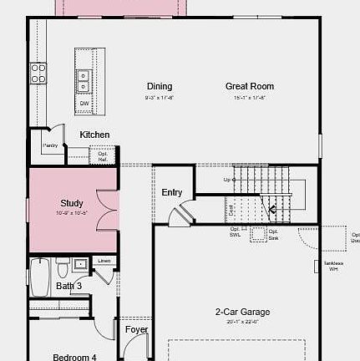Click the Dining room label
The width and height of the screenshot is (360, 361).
(160, 86)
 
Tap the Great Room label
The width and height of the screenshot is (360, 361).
(249, 86)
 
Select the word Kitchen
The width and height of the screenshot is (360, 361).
(94, 135)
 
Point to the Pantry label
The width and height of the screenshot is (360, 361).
(50, 145)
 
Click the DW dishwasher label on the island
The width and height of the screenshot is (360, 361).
(84, 104)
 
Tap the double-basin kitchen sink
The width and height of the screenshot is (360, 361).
(84, 79)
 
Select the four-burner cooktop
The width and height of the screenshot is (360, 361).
(38, 74)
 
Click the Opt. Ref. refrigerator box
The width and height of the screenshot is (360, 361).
(103, 155)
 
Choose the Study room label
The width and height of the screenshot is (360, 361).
(72, 203)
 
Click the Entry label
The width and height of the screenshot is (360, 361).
(172, 192)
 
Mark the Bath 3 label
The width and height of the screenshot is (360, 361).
(69, 287)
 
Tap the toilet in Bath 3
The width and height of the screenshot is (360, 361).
(62, 269)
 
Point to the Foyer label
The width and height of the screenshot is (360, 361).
(136, 330)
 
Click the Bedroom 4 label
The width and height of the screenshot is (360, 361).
(74, 357)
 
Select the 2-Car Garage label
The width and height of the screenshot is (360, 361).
(242, 313)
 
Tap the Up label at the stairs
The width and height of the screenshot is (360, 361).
(227, 180)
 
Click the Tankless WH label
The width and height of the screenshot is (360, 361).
(332, 267)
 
